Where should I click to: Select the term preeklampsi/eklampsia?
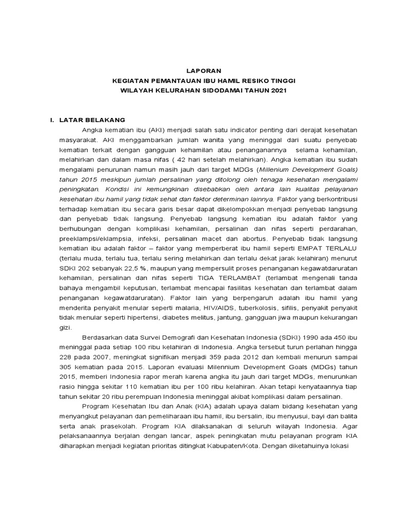(x=87, y=238)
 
